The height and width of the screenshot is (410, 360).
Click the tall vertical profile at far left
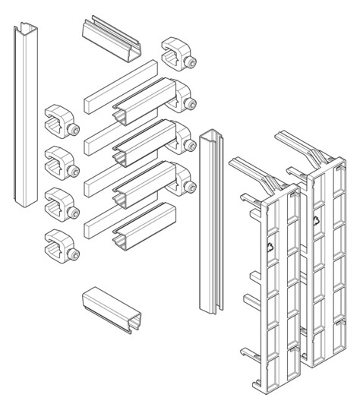click(26, 115)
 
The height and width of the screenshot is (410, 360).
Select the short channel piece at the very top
click(112, 39)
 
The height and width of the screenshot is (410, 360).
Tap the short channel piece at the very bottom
click(112, 311)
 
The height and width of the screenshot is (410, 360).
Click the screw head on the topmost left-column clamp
click(73, 130)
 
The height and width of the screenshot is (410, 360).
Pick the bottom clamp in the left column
click(62, 246)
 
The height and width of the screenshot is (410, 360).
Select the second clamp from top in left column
click(62, 163)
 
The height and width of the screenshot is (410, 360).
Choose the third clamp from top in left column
click(62, 204)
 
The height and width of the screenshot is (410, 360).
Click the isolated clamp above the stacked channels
click(179, 54)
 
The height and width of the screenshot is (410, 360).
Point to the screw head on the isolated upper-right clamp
click(190, 62)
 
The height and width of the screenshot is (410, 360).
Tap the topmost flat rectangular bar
click(121, 87)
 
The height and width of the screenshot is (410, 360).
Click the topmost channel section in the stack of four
click(144, 102)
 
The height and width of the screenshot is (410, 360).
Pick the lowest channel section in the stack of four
click(144, 226)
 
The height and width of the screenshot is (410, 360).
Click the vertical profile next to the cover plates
click(211, 222)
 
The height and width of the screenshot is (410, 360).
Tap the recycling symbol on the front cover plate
click(270, 247)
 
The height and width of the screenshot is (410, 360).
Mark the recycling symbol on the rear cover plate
click(316, 221)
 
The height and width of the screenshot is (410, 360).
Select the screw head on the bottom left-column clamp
click(73, 254)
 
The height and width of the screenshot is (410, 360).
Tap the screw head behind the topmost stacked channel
click(191, 104)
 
